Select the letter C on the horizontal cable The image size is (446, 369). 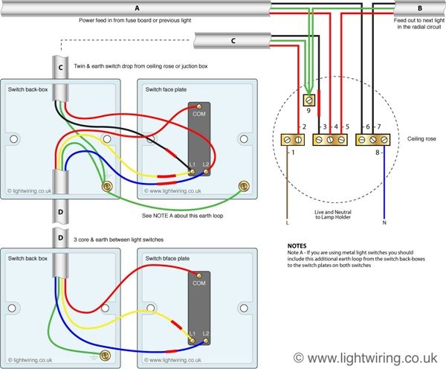pyautogui.click(x=233, y=40)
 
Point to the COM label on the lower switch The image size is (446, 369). pyautogui.click(x=198, y=283)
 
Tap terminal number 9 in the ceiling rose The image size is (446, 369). pyautogui.click(x=308, y=110)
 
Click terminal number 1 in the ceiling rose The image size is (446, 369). pyautogui.click(x=292, y=153)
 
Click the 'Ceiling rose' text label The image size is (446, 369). pyautogui.click(x=413, y=139)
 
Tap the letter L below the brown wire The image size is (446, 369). pyautogui.click(x=287, y=222)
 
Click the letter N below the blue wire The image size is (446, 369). pyautogui.click(x=384, y=222)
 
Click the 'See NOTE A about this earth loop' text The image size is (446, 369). pyautogui.click(x=184, y=216)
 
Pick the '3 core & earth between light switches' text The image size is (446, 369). pyautogui.click(x=123, y=239)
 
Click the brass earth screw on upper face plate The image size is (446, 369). pyautogui.click(x=241, y=187)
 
